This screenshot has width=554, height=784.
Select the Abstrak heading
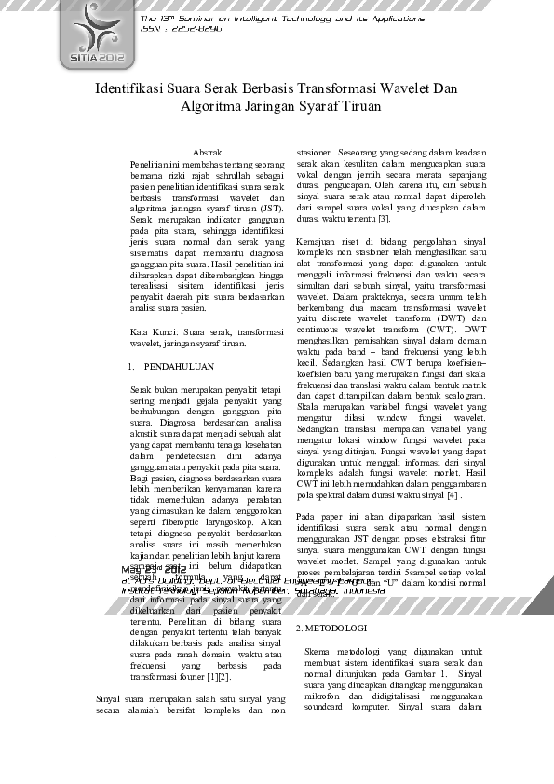coord(207,151)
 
